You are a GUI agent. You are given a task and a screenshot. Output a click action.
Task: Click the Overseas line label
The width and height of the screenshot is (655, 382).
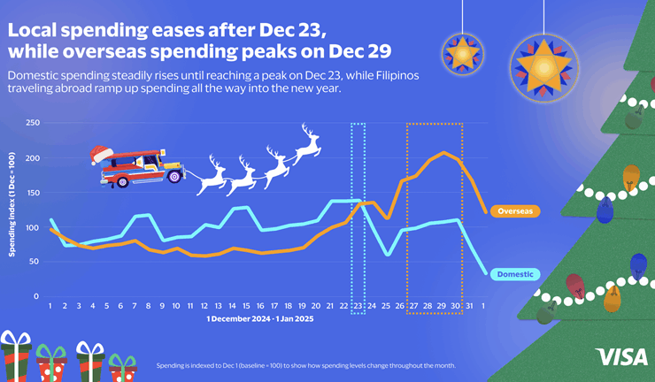[x=515, y=212]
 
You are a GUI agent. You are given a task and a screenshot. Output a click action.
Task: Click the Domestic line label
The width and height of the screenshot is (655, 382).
[x=515, y=274]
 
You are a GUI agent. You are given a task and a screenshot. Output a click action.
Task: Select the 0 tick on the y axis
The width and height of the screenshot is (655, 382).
[x=36, y=296]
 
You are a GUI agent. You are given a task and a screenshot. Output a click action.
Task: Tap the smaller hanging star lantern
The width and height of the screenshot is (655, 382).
[x=460, y=53]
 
